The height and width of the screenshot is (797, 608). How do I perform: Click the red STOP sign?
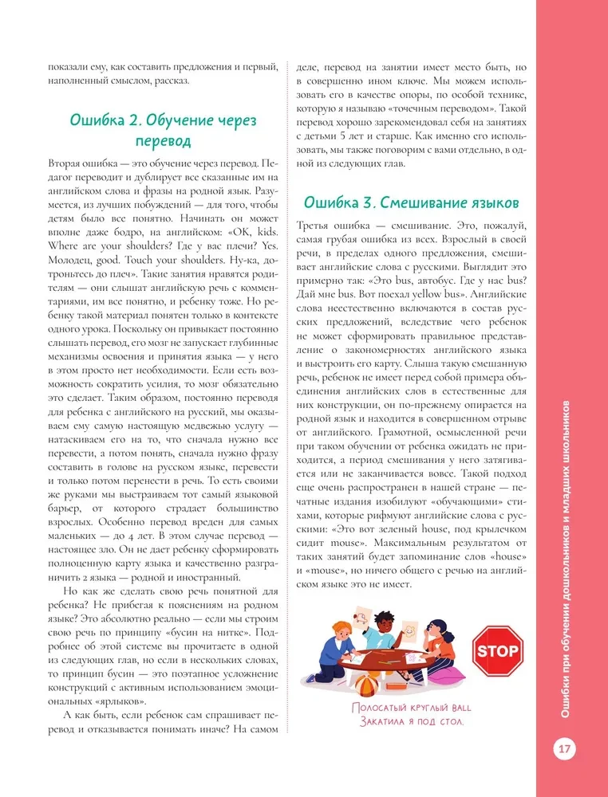click(497, 650)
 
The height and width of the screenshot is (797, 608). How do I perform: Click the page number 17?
click(563, 749)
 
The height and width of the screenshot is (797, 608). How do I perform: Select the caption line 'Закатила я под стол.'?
click(406, 723)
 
